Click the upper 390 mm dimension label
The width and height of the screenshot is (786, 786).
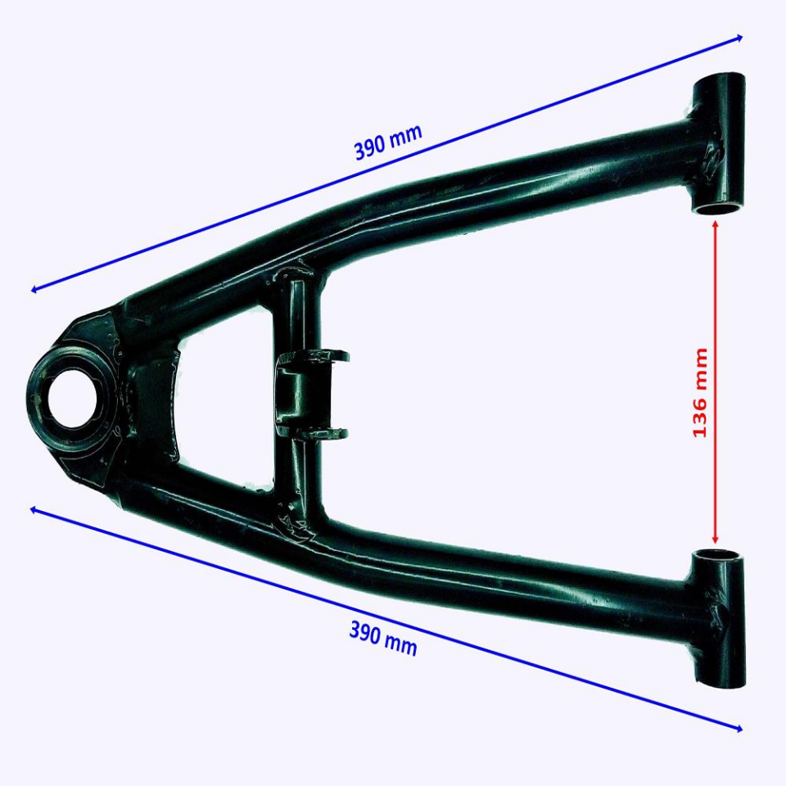(388, 142)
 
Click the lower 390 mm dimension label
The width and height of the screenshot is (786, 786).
(383, 639)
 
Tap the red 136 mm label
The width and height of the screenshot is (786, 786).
(700, 392)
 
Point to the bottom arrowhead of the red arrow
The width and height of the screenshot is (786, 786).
(716, 541)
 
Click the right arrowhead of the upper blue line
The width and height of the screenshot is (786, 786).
(739, 38)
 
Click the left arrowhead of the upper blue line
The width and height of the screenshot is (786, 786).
(34, 289)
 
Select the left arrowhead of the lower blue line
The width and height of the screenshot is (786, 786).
(33, 510)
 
